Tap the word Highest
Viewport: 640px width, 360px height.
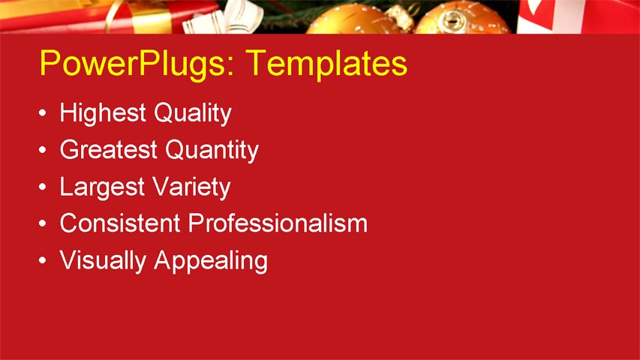tap(103, 114)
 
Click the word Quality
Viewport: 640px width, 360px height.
tap(192, 114)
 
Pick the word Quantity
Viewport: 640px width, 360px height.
tap(212, 151)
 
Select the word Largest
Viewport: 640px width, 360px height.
tap(102, 187)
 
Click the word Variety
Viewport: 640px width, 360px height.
tap(191, 187)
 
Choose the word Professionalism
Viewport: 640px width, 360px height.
tap(278, 223)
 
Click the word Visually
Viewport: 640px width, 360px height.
tap(103, 260)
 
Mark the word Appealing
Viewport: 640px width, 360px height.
tap(211, 261)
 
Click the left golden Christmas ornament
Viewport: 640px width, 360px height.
tap(353, 21)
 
